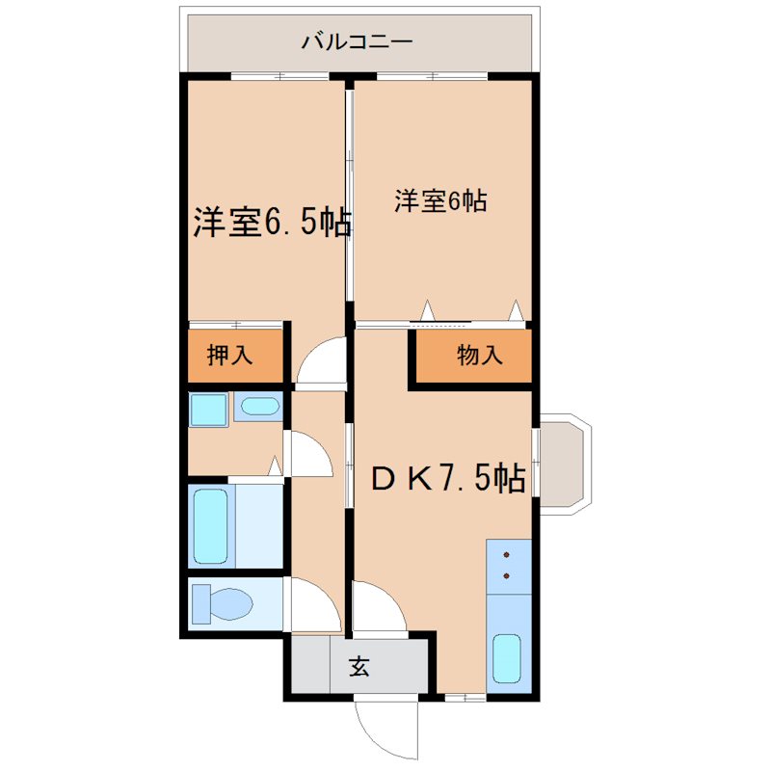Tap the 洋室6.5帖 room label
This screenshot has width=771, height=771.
(x=271, y=223)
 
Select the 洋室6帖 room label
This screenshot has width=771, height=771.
(x=439, y=201)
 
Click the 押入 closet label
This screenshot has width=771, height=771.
(x=230, y=356)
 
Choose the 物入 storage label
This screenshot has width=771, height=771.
(x=479, y=356)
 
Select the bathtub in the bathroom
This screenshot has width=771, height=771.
(x=211, y=526)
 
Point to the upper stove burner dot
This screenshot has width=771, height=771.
(x=506, y=556)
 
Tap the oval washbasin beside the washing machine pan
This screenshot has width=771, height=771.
(x=257, y=408)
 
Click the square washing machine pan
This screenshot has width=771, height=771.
(x=207, y=411)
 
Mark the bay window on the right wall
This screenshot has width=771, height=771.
(x=563, y=465)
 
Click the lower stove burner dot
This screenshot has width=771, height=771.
(x=506, y=577)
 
